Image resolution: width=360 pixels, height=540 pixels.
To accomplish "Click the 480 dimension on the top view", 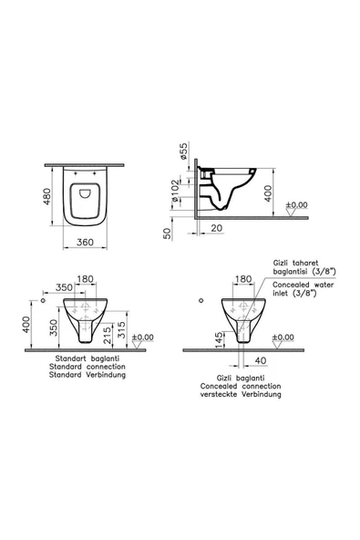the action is click(47, 196).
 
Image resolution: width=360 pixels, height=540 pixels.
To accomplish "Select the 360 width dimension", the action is click(85, 242).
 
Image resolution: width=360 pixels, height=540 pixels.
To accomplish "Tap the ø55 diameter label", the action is click(184, 151).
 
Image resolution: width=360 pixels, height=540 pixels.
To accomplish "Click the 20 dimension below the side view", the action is click(216, 228).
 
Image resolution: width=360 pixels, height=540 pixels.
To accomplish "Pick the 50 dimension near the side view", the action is click(168, 234).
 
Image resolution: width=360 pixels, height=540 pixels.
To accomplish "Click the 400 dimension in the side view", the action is click(268, 194).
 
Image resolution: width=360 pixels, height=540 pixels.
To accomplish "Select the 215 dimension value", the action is click(108, 336).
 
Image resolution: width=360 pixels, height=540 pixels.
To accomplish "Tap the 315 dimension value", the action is click(122, 329).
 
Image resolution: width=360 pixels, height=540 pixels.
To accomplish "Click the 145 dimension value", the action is click(219, 339).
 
